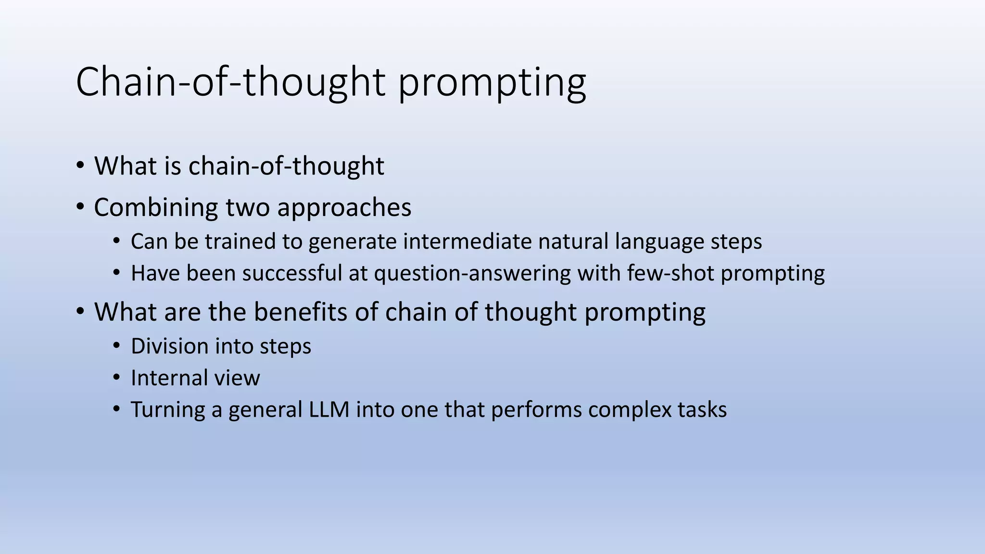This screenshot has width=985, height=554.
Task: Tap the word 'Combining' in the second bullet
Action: (156, 208)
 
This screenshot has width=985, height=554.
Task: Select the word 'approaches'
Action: (344, 208)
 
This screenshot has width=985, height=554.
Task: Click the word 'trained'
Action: (240, 241)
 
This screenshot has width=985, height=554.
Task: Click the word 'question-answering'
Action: (472, 273)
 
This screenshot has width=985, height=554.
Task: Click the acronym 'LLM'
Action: (329, 410)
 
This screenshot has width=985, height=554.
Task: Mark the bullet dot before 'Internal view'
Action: (116, 378)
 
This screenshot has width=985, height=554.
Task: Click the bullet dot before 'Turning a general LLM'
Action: (116, 410)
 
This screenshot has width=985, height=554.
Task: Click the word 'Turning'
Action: (168, 410)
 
